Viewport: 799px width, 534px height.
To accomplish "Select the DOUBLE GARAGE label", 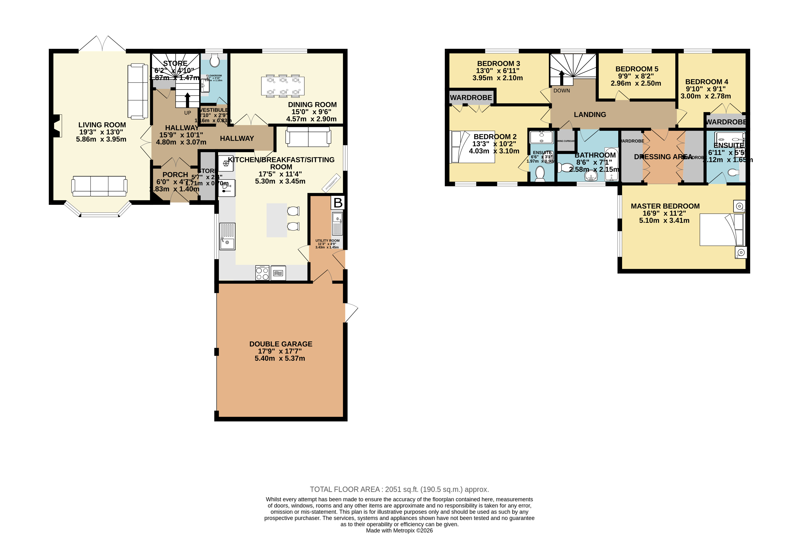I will [x=281, y=344].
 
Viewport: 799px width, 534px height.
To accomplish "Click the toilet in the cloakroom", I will [x=214, y=61].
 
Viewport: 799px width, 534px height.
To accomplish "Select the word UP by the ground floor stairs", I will [x=188, y=113].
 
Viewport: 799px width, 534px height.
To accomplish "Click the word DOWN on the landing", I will [x=561, y=90].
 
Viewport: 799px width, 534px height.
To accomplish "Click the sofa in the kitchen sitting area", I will [x=308, y=137].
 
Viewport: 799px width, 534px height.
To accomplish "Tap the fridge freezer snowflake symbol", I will [x=226, y=163].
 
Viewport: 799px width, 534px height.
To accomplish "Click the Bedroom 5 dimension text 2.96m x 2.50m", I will [x=636, y=83].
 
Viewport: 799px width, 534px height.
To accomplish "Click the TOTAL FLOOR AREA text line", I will [x=399, y=489].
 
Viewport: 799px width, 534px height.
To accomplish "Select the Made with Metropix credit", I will [x=399, y=530].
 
